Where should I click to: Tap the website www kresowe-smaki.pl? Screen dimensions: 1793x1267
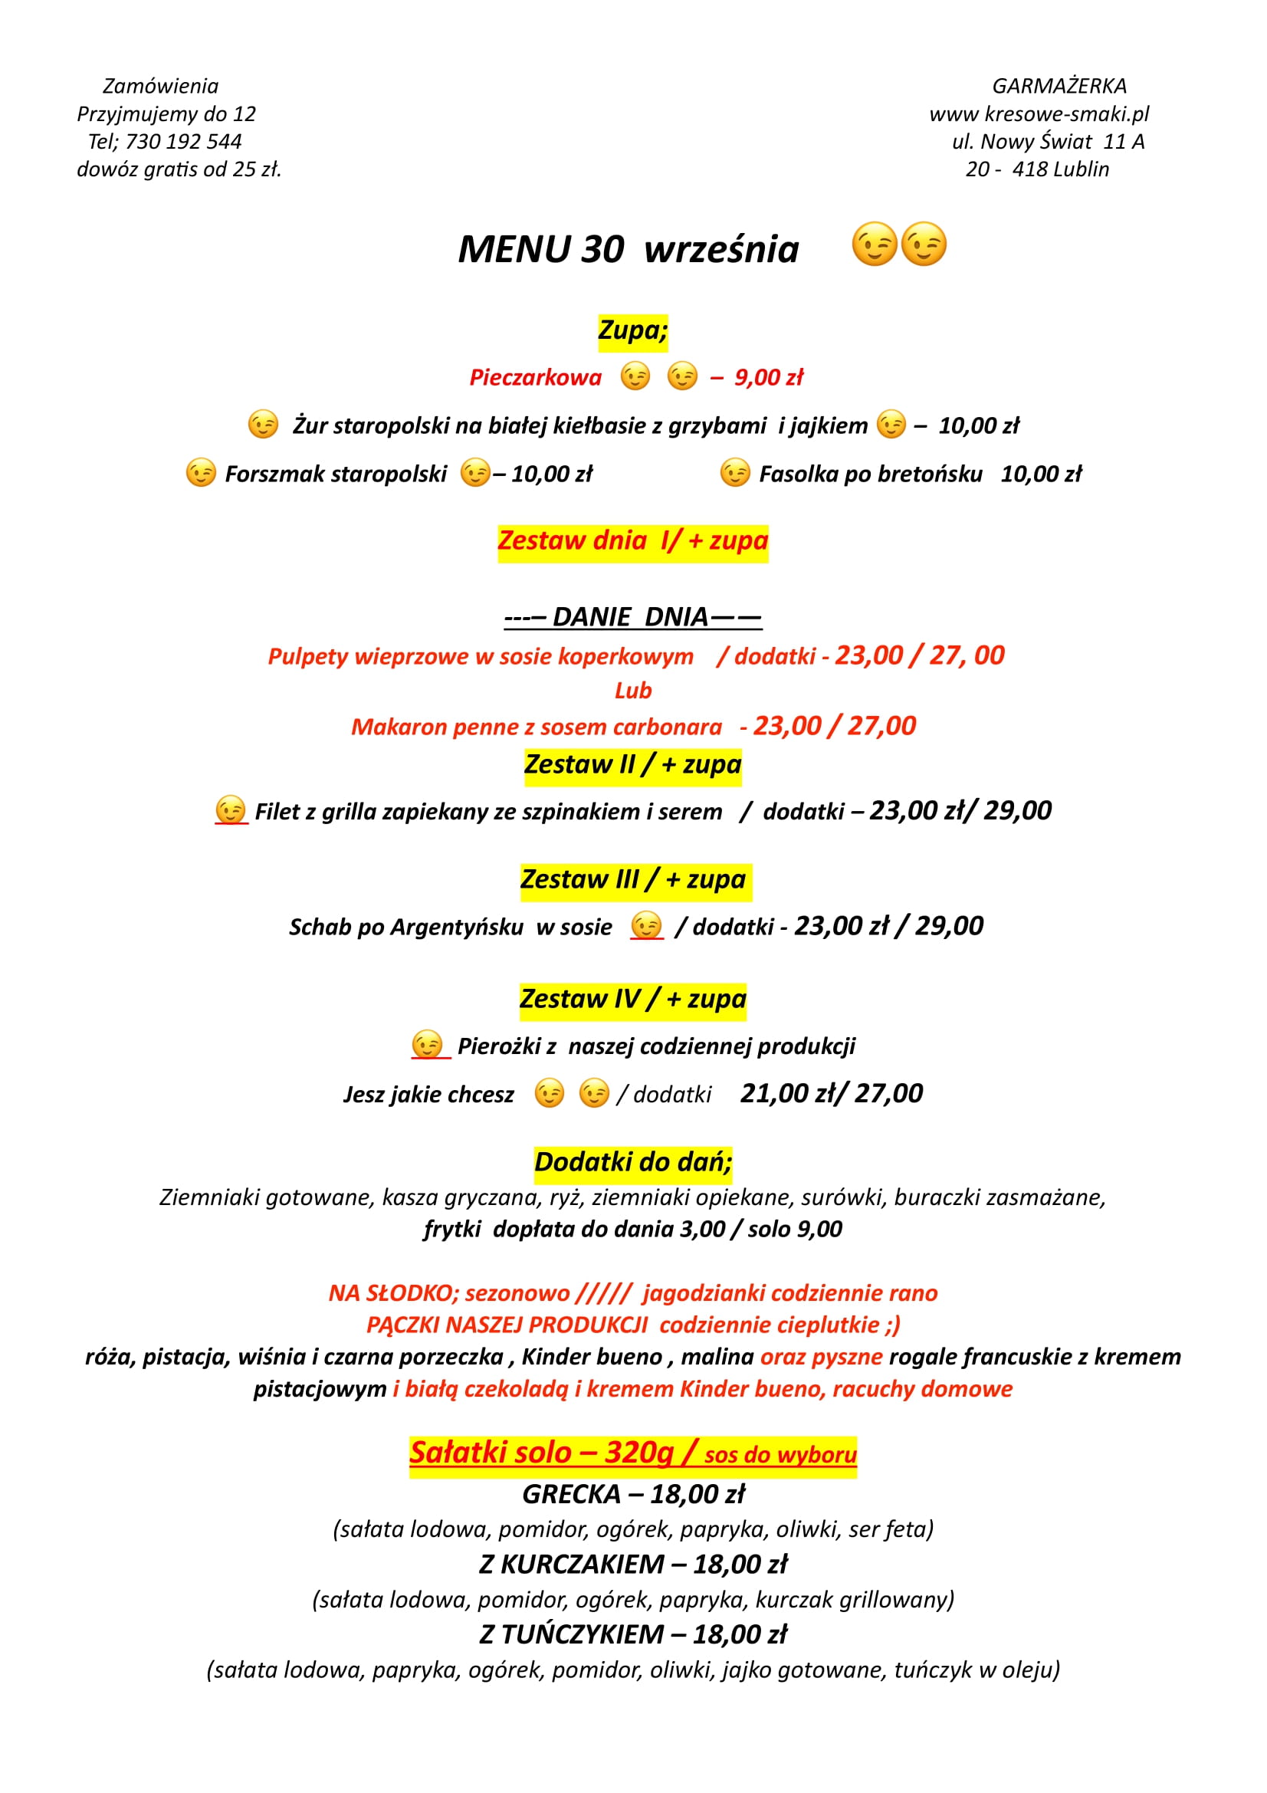coord(1039,114)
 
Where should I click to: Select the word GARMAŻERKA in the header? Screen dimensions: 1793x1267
coord(1059,86)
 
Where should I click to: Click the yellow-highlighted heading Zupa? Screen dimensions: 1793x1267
coord(632,330)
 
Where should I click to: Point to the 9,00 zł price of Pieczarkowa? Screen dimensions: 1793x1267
coord(768,378)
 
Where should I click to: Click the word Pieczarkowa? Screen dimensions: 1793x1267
coord(536,378)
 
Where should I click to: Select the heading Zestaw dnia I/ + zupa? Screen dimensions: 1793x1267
coord(632,540)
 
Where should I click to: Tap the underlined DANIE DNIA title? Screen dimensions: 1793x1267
coord(632,617)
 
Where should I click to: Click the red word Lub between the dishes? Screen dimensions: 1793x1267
coord(632,691)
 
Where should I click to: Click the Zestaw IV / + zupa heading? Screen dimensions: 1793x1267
coord(632,999)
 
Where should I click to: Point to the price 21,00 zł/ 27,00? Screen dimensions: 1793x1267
coord(832,1093)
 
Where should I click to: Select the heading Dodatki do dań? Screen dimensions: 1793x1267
coord(632,1162)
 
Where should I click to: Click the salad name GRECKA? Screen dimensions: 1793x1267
coord(572,1494)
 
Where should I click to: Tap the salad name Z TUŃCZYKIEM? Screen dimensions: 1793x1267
coord(572,1634)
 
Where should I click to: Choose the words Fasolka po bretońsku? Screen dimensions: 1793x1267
coord(871,474)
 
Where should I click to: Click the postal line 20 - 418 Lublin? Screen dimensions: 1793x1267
coord(1037,169)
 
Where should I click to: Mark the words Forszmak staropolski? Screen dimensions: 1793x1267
coord(336,474)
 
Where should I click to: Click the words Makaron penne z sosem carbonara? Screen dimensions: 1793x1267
coord(537,727)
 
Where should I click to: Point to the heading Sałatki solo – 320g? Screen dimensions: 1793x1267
coord(541,1453)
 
